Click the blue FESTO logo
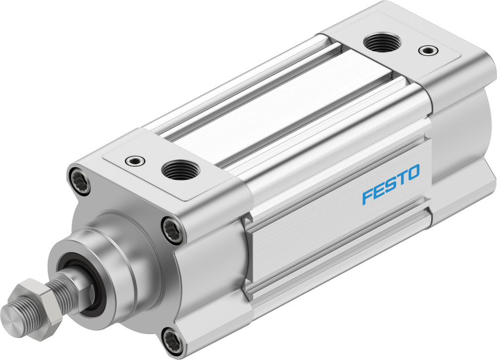[x=391, y=184]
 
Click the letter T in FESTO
[x=402, y=179]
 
